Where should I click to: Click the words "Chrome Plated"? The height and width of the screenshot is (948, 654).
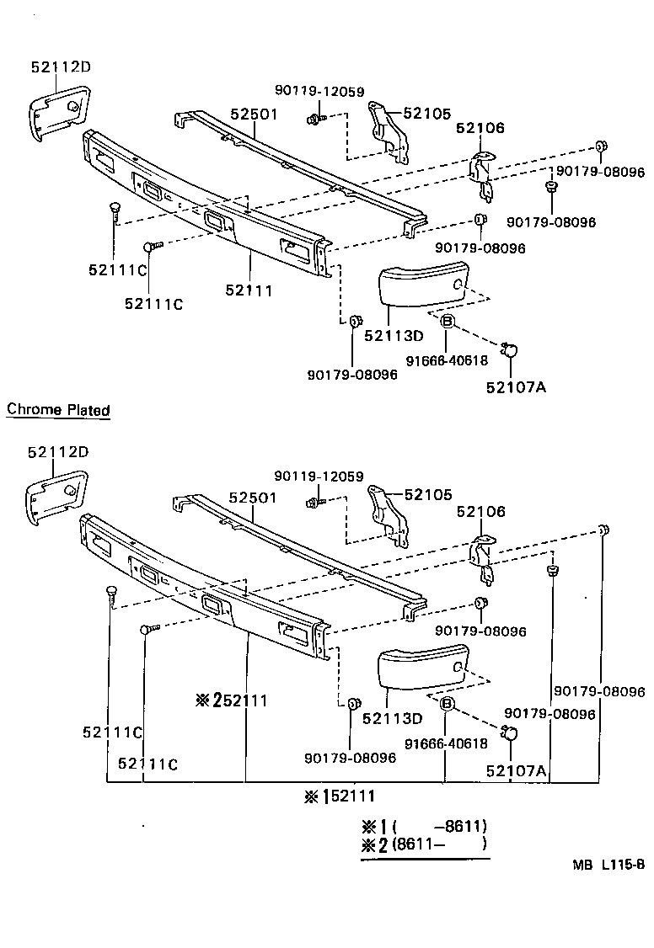[58, 411]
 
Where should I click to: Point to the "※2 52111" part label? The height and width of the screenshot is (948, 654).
[230, 700]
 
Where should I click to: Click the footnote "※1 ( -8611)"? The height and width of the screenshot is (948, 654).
[424, 827]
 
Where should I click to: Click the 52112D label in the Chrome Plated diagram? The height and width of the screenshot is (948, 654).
[57, 452]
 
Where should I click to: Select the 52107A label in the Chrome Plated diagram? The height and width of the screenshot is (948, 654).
[516, 770]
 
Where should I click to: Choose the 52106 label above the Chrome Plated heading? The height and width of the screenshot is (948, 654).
[480, 128]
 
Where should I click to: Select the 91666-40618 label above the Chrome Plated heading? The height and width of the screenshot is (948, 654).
[447, 359]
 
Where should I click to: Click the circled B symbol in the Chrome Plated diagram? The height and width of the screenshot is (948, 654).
[447, 704]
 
